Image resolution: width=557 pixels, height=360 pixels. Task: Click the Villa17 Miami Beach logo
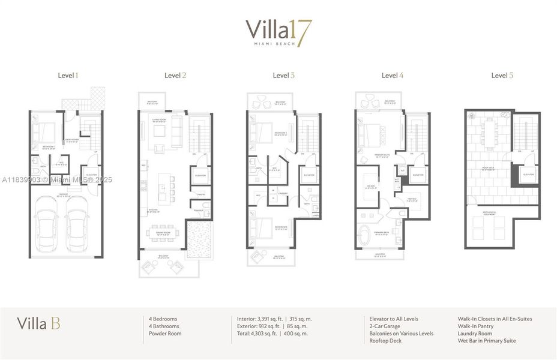tap(278, 33)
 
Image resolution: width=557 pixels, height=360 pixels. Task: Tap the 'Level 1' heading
tap(67, 76)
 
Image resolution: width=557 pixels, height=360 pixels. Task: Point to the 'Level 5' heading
tap(502, 76)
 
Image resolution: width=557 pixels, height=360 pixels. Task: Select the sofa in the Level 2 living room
tap(177, 132)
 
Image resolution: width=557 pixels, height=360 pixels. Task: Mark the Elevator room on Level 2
tap(200, 175)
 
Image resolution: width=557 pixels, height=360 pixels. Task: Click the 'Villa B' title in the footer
tap(38, 325)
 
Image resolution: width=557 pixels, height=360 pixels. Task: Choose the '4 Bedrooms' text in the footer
tap(163, 319)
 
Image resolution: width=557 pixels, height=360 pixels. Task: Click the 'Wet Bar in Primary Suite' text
tap(486, 341)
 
